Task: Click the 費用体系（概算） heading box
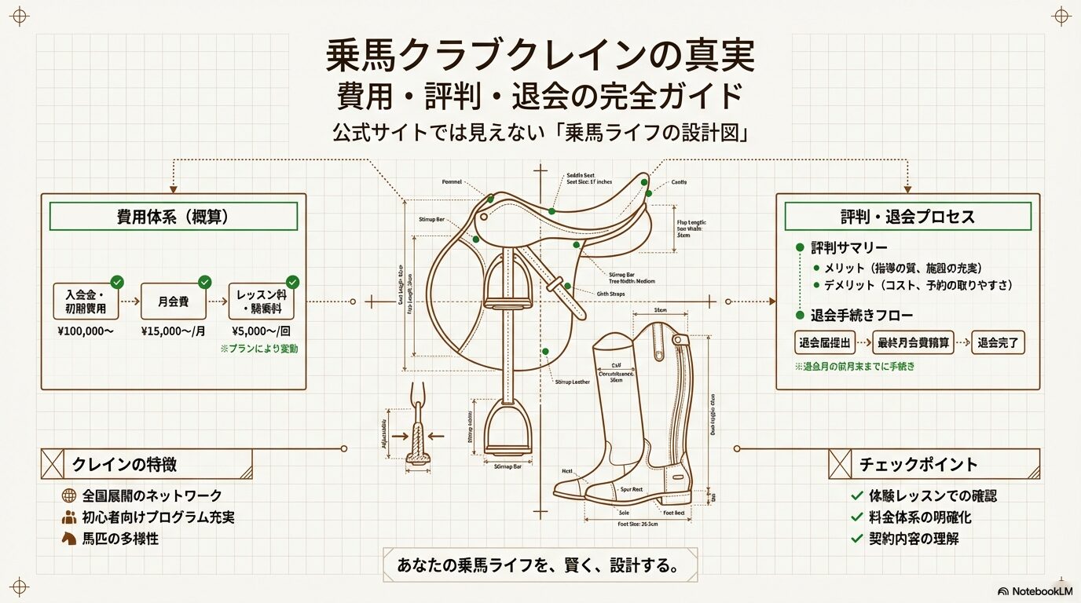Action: click(173, 217)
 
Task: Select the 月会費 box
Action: click(173, 301)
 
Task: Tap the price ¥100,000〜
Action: click(86, 331)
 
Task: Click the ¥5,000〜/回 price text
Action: click(261, 331)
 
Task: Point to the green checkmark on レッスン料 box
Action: click(292, 281)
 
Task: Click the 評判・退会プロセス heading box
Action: click(907, 217)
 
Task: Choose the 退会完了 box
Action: click(998, 343)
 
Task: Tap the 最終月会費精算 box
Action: click(914, 343)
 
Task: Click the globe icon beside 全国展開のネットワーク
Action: click(68, 495)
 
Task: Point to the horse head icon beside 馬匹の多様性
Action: click(68, 539)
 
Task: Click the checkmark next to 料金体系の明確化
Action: click(856, 518)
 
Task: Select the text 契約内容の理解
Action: click(914, 539)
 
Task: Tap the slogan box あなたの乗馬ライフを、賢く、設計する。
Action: click(540, 565)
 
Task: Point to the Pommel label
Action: click(453, 181)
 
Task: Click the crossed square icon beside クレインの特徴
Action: click(52, 464)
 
